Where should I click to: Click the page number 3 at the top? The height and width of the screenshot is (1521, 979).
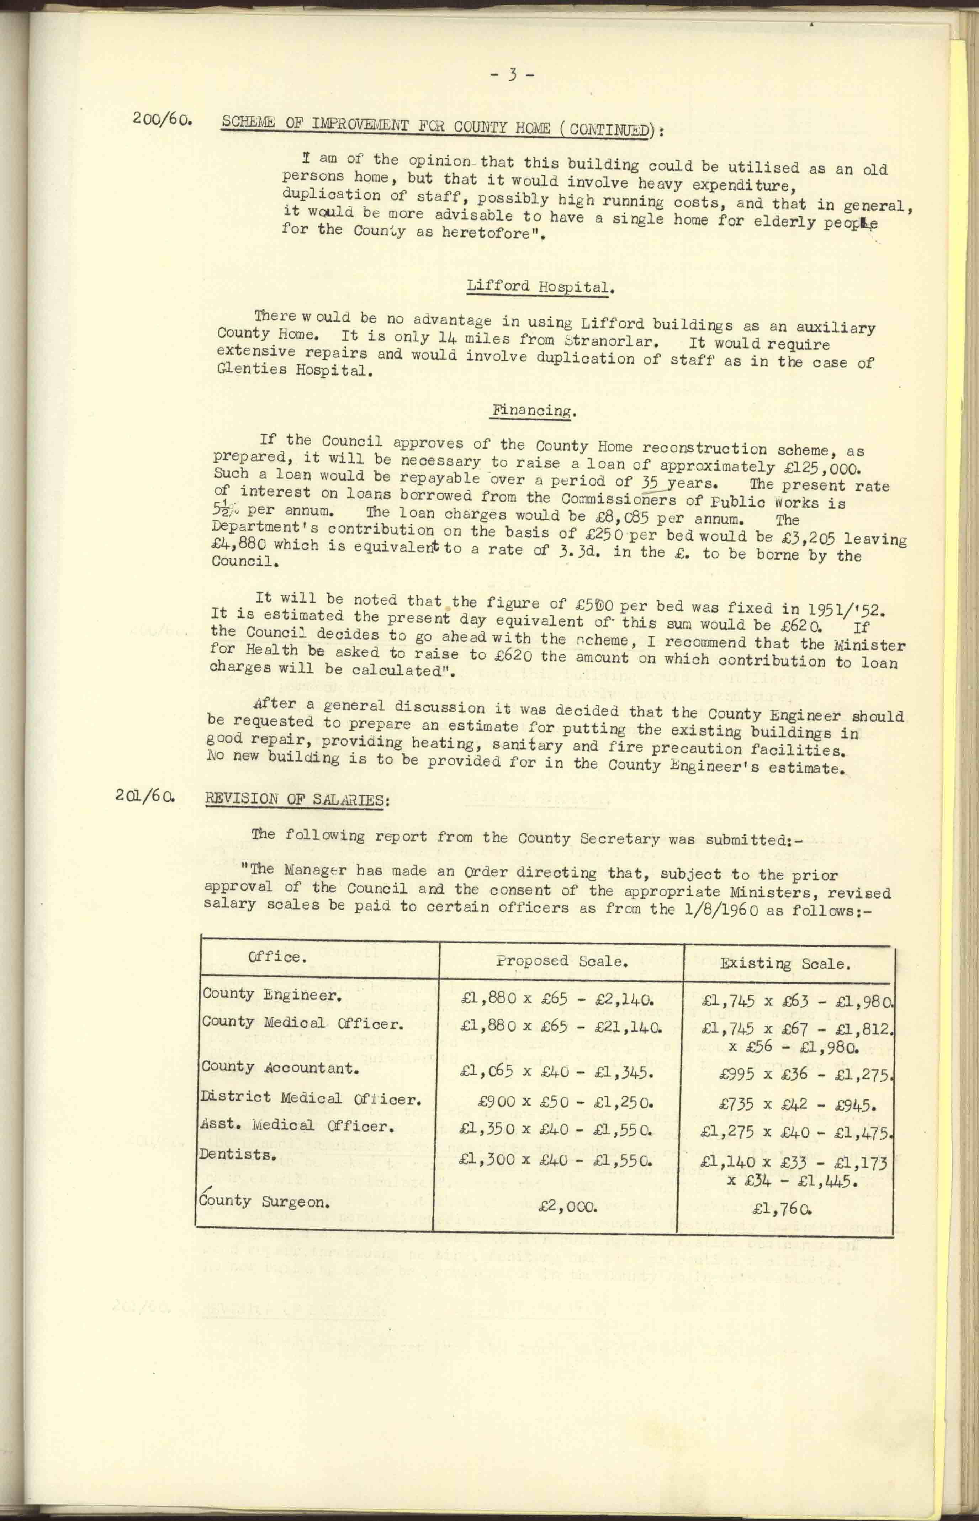coord(512,75)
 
